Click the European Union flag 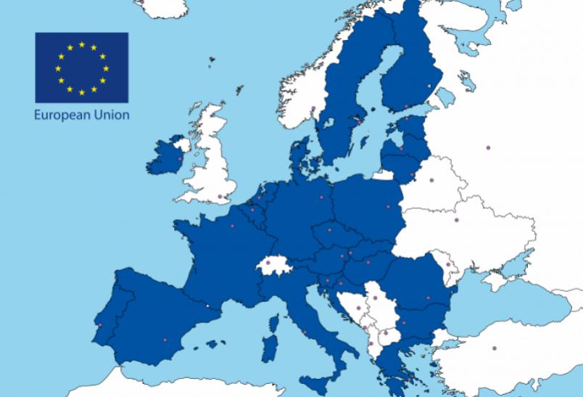[x=82, y=67]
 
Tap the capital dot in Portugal [x=99, y=325]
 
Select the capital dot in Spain [x=165, y=340]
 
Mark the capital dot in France [x=233, y=226]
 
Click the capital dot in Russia [x=488, y=148]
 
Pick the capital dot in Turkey [x=495, y=346]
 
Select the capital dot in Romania [x=431, y=297]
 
